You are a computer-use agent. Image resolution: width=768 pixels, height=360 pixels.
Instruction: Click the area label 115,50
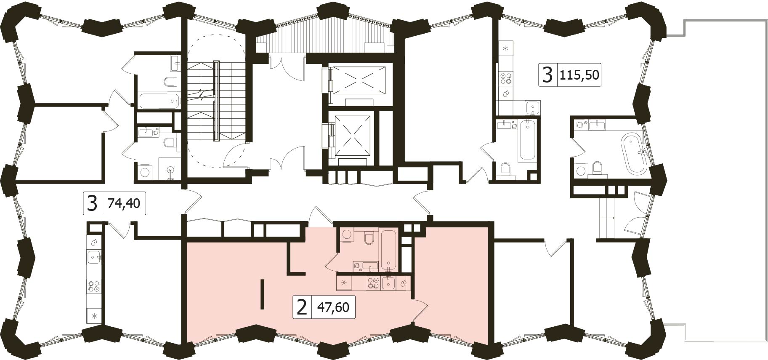pyautogui.click(x=579, y=75)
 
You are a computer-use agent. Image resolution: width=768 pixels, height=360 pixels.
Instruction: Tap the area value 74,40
pyautogui.click(x=124, y=204)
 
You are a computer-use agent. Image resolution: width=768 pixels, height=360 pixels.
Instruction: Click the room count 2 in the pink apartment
pyautogui.click(x=302, y=307)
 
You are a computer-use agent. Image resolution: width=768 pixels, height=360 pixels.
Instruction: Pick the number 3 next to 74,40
pyautogui.click(x=92, y=204)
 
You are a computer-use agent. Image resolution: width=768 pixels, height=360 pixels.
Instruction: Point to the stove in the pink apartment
pyautogui.click(x=373, y=283)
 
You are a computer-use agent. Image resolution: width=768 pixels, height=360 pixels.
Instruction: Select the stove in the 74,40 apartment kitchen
pyautogui.click(x=94, y=286)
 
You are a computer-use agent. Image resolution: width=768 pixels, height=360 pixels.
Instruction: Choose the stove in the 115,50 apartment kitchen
pyautogui.click(x=505, y=78)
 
